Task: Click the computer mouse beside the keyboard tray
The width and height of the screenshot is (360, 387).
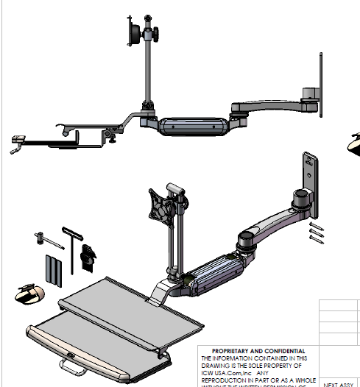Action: (x=29, y=294)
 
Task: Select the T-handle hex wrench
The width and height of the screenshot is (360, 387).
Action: (x=71, y=243)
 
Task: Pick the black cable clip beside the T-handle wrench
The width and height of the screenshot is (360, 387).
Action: (x=88, y=254)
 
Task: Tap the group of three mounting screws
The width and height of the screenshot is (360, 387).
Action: (x=315, y=231)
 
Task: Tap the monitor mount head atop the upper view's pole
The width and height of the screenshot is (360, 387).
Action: (x=136, y=34)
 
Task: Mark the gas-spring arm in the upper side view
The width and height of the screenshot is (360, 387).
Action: (x=191, y=124)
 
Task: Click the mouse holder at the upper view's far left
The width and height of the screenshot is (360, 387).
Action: (x=18, y=141)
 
